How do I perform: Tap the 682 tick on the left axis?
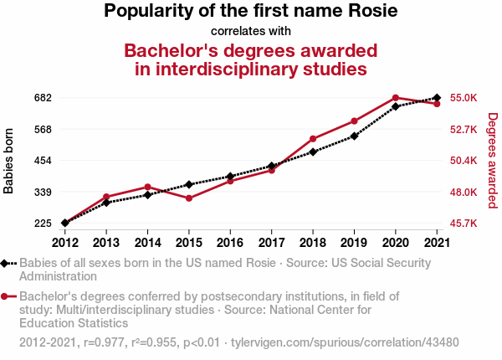[x=42, y=98]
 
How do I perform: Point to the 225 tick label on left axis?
[x=42, y=224]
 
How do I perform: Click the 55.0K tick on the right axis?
[x=464, y=98]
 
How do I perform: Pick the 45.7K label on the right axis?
[x=464, y=224]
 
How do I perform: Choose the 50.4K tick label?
[x=464, y=161]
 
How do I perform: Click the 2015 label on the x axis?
[x=189, y=243]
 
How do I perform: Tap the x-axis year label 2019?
[x=354, y=243]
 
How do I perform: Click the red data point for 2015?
[x=189, y=198]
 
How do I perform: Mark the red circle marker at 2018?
[x=313, y=139]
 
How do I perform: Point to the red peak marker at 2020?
[x=396, y=98]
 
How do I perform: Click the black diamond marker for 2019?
[x=354, y=136]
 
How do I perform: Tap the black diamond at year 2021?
[x=437, y=98]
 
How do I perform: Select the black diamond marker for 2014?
[x=147, y=194]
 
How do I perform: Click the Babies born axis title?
[x=9, y=161]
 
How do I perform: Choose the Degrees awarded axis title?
[x=493, y=161]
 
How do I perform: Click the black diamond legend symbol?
[x=6, y=264]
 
